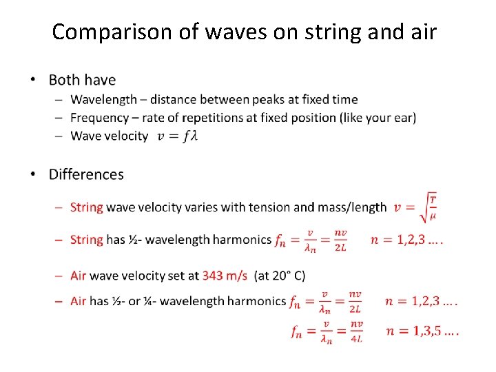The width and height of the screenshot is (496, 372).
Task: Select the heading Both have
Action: point(82,81)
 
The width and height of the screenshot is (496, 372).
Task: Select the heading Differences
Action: point(86,174)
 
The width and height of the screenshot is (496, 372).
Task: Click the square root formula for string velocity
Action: point(416,206)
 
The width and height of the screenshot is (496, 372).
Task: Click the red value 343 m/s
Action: point(225,276)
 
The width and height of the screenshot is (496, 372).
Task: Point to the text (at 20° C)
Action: point(280,276)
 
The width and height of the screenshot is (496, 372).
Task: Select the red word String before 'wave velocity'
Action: point(87,207)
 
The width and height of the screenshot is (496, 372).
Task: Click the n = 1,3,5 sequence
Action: point(422,331)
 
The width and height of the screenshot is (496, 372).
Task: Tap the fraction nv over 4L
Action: point(356,331)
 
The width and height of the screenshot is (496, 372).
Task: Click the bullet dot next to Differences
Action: point(34,175)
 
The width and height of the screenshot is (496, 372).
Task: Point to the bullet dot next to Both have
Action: point(34,81)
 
